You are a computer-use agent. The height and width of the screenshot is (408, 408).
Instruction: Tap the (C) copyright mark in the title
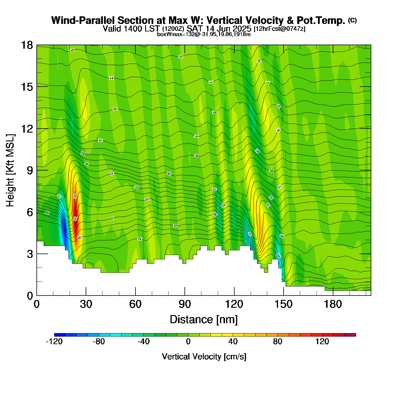coord(352,20)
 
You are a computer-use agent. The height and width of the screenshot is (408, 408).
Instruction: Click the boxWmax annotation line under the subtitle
coord(204,34)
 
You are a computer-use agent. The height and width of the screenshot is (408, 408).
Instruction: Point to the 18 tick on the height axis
coord(27,45)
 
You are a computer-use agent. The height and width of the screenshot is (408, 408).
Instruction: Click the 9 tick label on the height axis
coord(30,170)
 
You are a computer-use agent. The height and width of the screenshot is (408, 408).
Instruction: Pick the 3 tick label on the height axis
coord(30,254)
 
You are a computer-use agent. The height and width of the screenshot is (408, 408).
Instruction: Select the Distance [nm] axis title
coord(204,320)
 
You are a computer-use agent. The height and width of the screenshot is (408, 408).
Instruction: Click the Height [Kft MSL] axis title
coord(10,170)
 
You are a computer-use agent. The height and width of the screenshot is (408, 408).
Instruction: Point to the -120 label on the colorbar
coord(54,342)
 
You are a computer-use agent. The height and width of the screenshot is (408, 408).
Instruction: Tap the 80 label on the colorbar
coord(277,342)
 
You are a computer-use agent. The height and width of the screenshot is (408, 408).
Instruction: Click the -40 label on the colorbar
coord(143,342)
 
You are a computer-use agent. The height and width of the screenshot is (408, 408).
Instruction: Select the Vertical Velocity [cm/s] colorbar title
coord(204,357)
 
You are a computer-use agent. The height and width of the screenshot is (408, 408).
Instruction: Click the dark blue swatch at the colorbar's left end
coord(60,335)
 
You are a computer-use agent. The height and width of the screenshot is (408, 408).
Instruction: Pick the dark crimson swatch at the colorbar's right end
coord(350,335)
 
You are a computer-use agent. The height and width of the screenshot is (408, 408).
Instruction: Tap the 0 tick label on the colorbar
coord(188,342)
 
